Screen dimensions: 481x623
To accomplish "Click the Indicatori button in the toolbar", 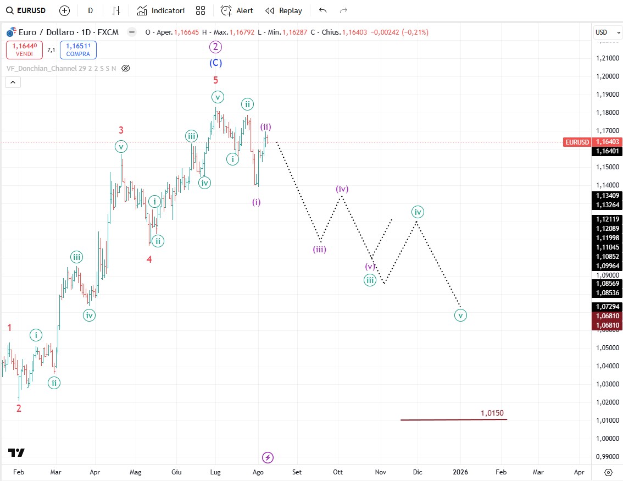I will click(x=161, y=10).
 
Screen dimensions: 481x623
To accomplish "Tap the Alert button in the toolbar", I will click(x=237, y=10).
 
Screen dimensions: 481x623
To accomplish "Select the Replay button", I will click(x=283, y=10).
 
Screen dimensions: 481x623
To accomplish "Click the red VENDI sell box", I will click(x=24, y=50).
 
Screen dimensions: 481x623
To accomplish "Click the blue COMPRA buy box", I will click(x=78, y=50).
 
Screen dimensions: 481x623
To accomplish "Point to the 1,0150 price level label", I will click(x=492, y=413).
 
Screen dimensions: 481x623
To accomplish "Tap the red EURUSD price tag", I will click(x=577, y=142).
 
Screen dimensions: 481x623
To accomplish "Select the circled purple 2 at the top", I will click(x=215, y=47).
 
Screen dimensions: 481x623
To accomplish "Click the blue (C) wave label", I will click(x=215, y=63).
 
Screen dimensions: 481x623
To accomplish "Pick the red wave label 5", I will click(x=215, y=80).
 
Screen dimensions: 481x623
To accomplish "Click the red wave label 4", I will click(x=149, y=259).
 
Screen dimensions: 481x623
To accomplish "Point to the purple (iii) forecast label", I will click(x=320, y=249).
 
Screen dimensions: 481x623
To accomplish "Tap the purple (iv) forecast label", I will click(x=342, y=189).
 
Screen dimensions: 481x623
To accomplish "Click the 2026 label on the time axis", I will click(x=460, y=472).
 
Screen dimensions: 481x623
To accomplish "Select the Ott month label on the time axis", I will click(x=338, y=472).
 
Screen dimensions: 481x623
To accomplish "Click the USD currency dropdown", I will click(x=607, y=32).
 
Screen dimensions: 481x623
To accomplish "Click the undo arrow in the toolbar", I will click(x=322, y=10).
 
